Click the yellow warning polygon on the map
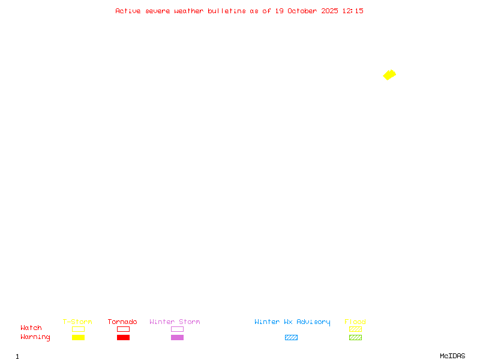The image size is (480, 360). (389, 75)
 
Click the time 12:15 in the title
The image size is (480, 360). (353, 11)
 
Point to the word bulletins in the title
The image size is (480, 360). (227, 11)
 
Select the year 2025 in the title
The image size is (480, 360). (329, 11)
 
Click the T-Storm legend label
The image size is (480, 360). (77, 322)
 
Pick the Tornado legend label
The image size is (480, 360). (122, 322)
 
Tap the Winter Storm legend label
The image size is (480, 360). (175, 322)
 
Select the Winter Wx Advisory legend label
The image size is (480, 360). (292, 322)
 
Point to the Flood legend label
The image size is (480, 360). (355, 322)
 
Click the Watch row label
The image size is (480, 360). (31, 328)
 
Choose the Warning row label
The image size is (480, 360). (35, 337)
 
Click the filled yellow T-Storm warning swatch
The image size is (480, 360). (78, 338)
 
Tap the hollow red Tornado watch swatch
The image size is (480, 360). (123, 329)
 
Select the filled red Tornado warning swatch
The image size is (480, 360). (123, 338)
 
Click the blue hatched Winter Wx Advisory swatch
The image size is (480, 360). (291, 338)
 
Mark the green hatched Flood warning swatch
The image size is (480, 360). (355, 338)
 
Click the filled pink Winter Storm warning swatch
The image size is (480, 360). (177, 338)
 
